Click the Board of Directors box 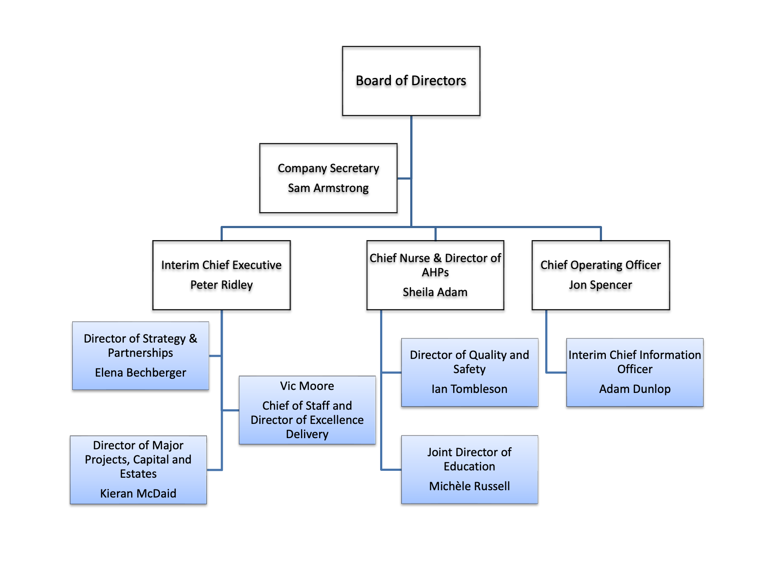[x=411, y=81]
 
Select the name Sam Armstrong [x=328, y=188]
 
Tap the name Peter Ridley [x=221, y=285]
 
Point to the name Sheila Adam [x=435, y=292]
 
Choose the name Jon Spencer [x=600, y=285]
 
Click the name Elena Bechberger [x=140, y=373]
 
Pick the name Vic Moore [x=307, y=386]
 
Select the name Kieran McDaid [x=138, y=494]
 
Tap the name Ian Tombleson [x=469, y=389]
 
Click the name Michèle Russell [x=469, y=486]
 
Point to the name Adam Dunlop [x=635, y=389]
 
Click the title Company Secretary [x=328, y=168]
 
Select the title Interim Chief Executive [x=221, y=265]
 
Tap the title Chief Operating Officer [x=600, y=265]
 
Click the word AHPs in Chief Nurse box [x=435, y=272]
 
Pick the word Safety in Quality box [x=469, y=369]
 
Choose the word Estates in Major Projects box [x=138, y=474]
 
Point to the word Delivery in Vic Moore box [x=307, y=434]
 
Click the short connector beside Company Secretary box [x=404, y=178]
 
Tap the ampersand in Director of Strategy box [x=193, y=339]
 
